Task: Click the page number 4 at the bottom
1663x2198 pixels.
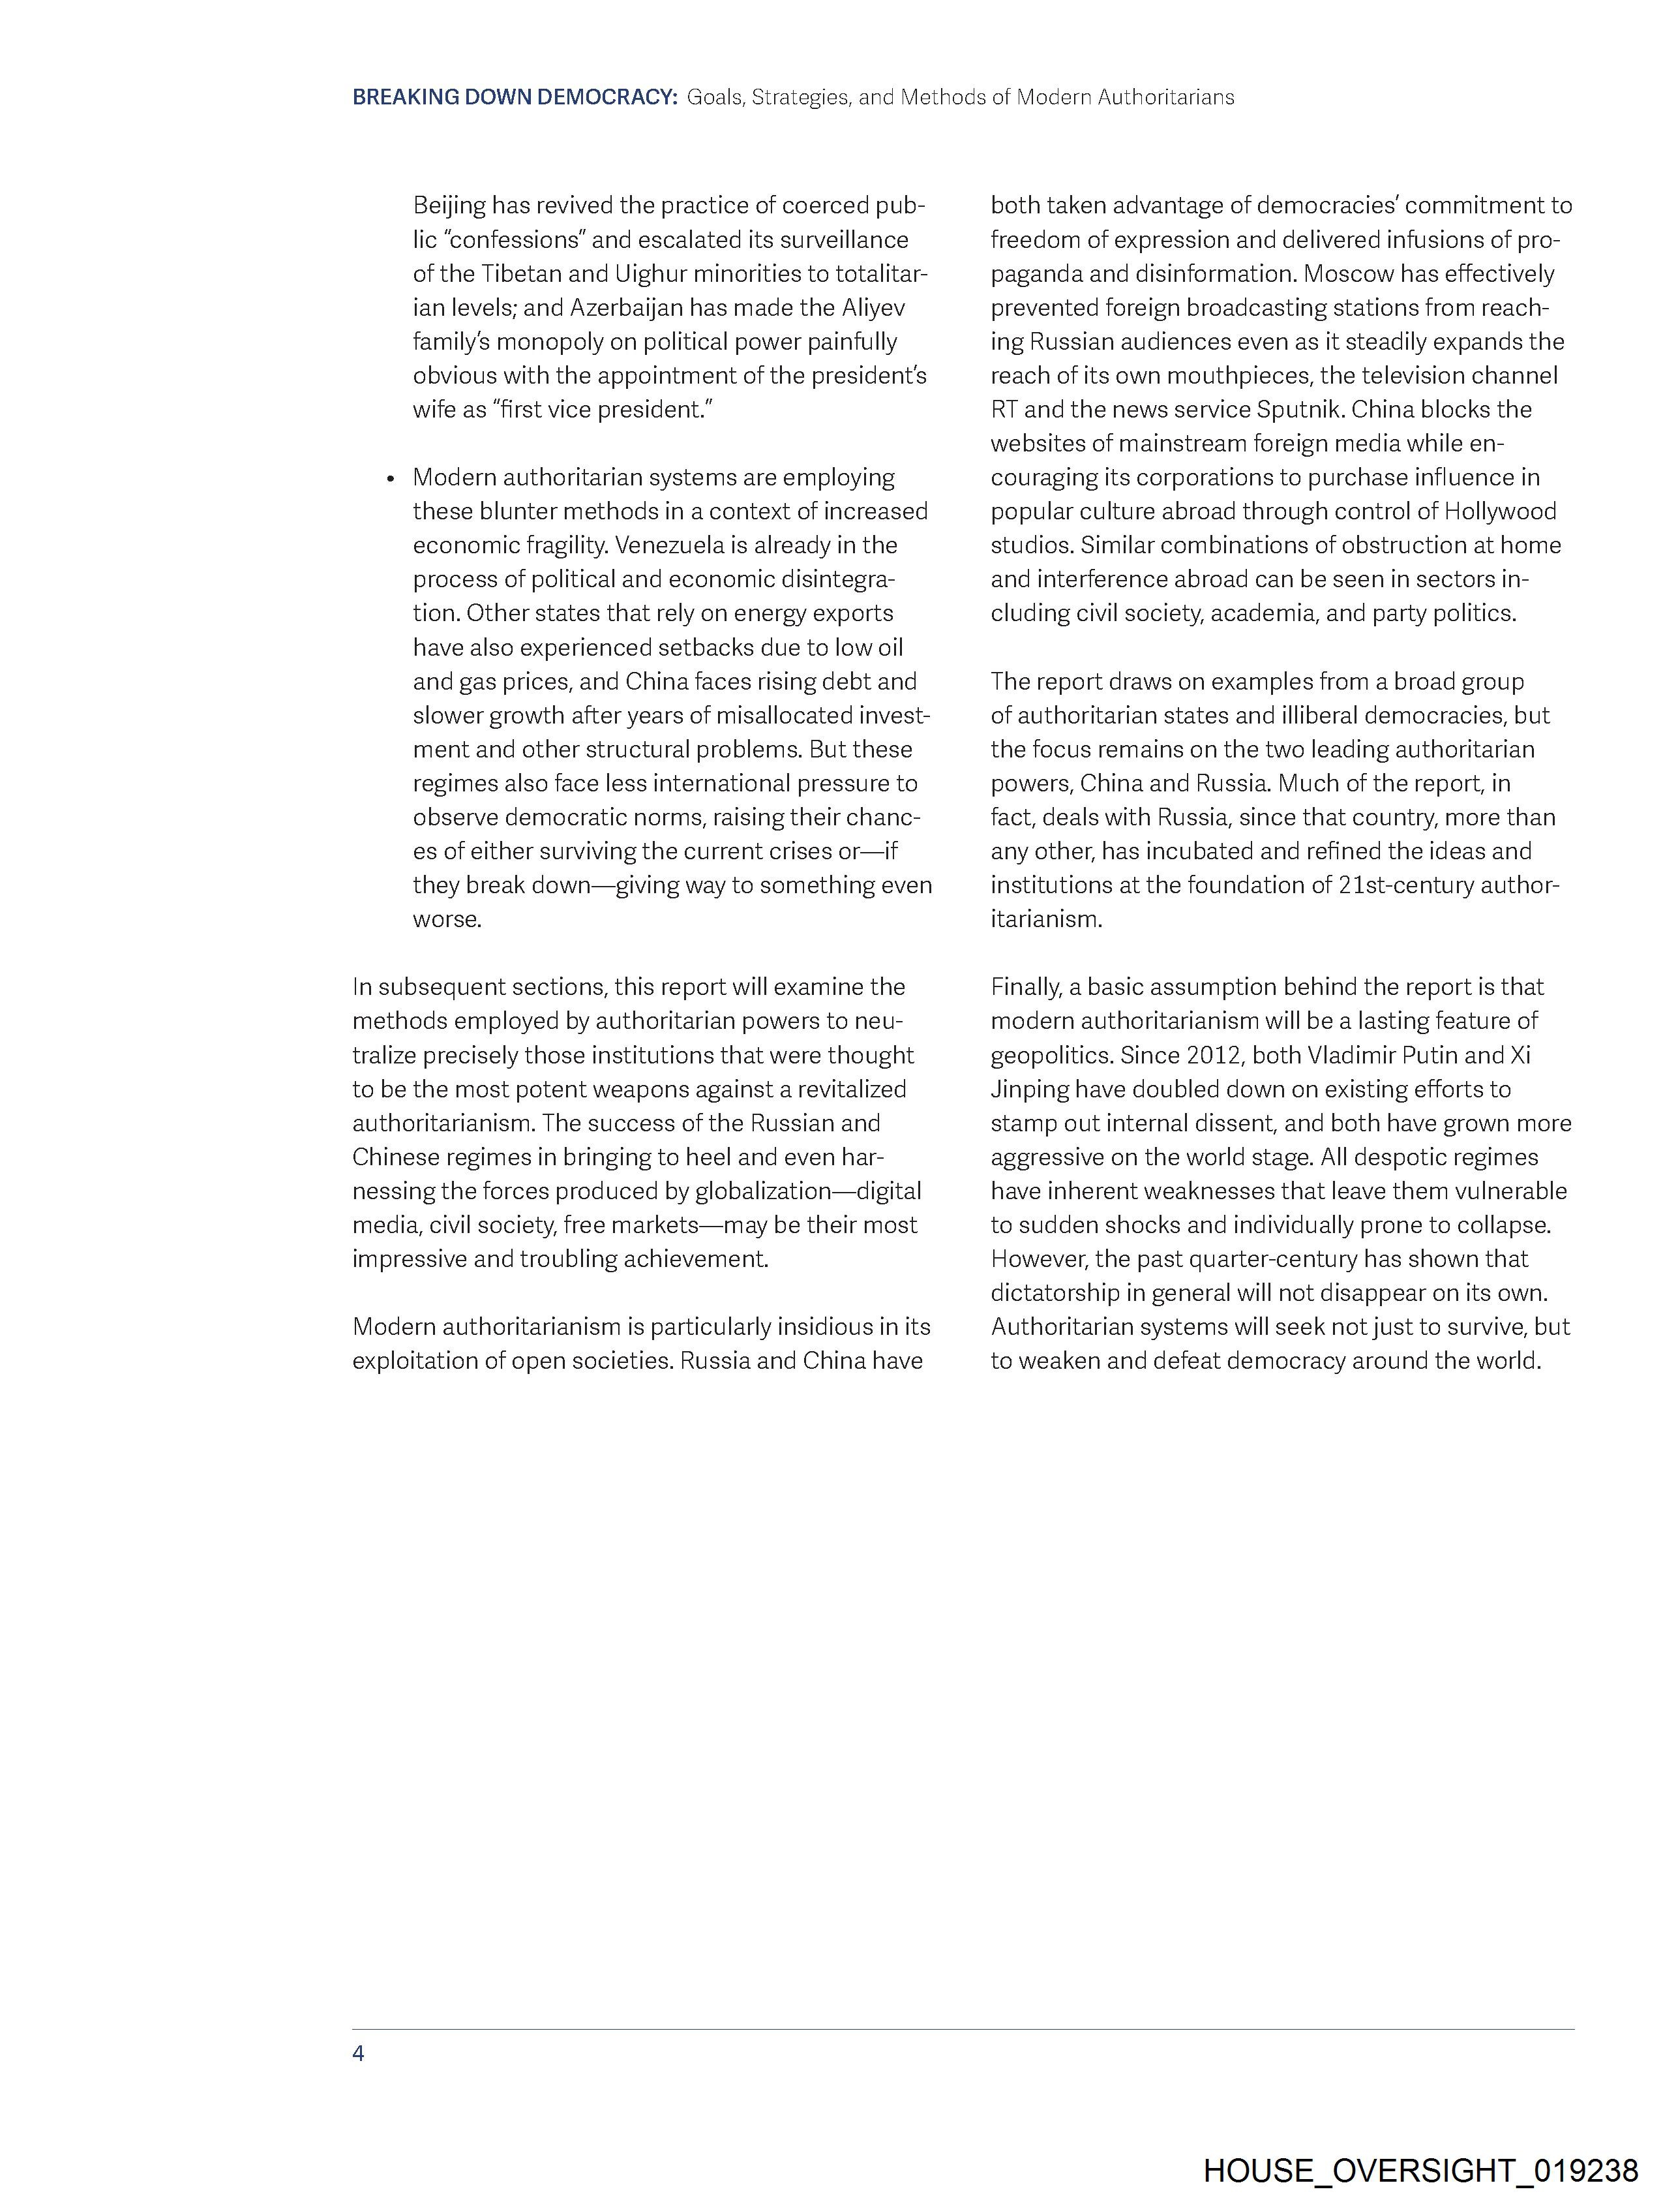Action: (x=359, y=2053)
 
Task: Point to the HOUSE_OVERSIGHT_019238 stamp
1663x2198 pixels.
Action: (x=1420, y=2170)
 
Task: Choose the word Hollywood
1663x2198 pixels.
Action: (x=1501, y=511)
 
